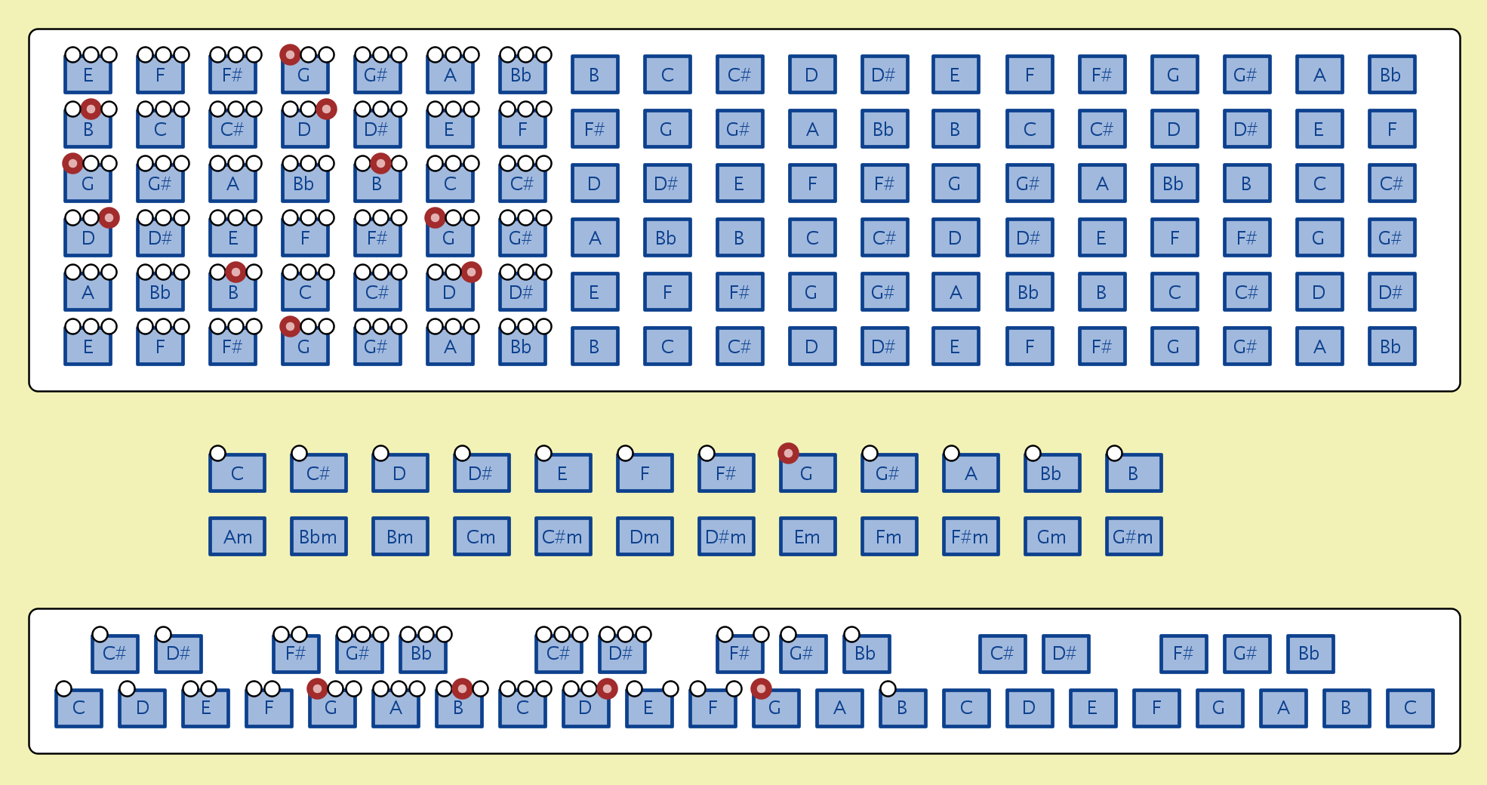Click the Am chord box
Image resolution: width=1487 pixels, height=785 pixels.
click(237, 537)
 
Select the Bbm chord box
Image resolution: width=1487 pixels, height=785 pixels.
click(319, 537)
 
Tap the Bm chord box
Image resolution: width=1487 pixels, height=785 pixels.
click(400, 537)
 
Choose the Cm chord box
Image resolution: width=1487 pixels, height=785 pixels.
click(482, 537)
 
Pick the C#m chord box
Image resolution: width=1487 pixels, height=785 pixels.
click(563, 537)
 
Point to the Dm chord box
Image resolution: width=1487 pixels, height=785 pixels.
click(645, 537)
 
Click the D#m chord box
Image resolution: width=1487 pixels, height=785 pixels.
click(726, 537)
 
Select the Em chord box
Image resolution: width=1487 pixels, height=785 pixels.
click(808, 537)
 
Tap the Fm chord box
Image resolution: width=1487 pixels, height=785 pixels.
click(889, 537)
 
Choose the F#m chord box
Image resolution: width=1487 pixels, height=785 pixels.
click(971, 537)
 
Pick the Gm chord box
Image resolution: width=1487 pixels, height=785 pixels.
click(1052, 537)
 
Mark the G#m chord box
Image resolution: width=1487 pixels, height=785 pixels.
click(1134, 537)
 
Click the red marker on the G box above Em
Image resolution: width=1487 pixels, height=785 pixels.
click(788, 453)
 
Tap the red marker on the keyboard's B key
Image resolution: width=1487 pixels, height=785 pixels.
click(462, 688)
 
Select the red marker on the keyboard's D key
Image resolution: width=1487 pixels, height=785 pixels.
click(607, 688)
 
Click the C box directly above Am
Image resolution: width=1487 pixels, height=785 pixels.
click(237, 473)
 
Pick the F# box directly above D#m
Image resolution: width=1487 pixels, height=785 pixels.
click(726, 473)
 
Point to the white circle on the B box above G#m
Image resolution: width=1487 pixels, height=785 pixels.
click(1114, 453)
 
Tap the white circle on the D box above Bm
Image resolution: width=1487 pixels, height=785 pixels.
click(380, 453)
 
